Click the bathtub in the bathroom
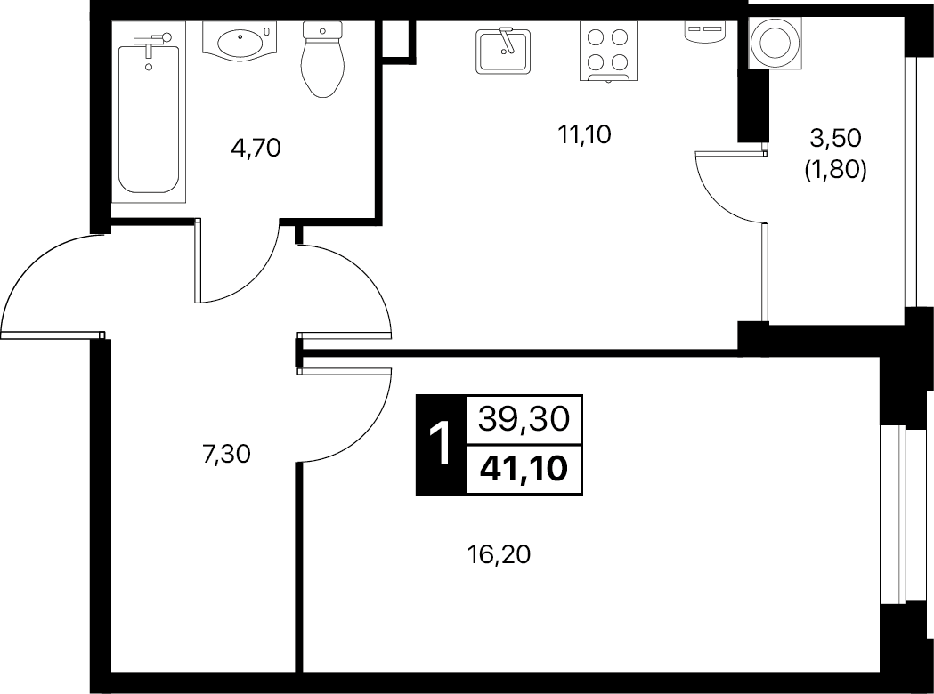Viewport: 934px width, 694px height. pos(149,116)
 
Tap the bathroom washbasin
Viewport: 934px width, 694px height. pos(240,42)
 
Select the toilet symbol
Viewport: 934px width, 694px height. pos(323,59)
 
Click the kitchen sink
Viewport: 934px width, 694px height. pos(503,52)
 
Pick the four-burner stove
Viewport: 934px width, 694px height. pos(607,52)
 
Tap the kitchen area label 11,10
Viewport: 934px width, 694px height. pos(585,135)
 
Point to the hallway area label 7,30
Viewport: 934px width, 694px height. pos(226,454)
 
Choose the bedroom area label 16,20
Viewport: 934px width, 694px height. pos(499,554)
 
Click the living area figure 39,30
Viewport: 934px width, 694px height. pos(524,420)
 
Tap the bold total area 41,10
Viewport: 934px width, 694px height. pos(524,469)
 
